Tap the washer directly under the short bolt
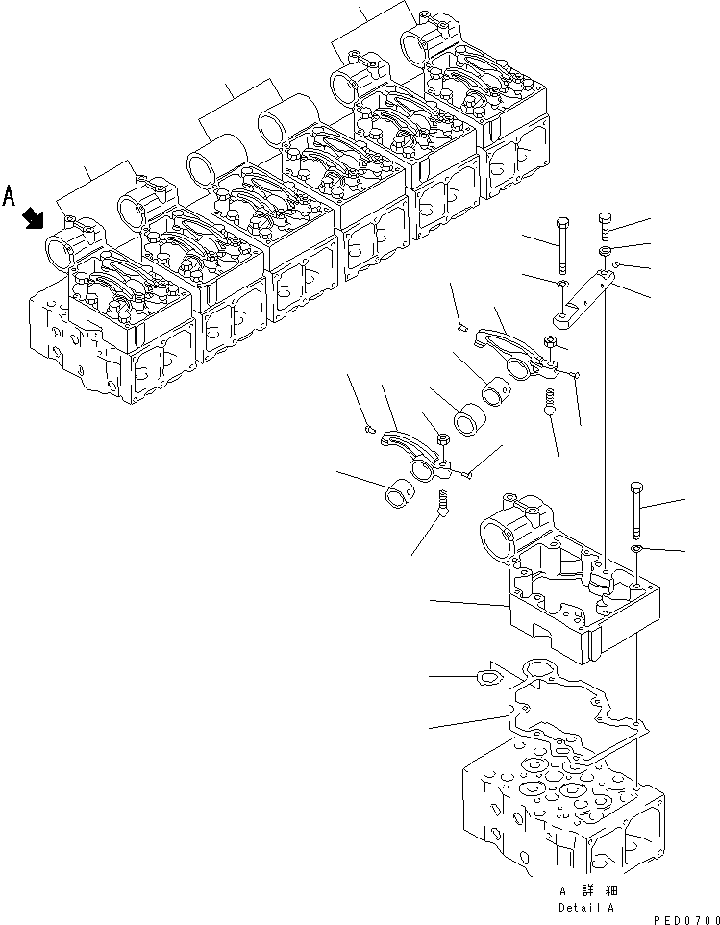(607, 253)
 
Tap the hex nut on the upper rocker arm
(548, 342)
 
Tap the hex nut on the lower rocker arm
(444, 441)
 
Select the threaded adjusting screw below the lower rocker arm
(443, 503)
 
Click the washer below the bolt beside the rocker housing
(636, 548)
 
